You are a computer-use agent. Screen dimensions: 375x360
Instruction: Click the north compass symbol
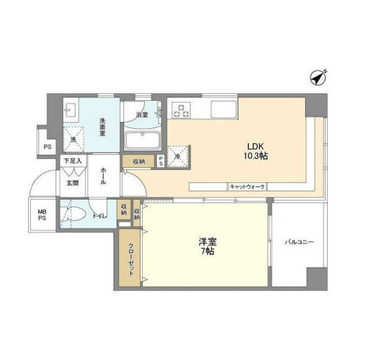tap(318, 77)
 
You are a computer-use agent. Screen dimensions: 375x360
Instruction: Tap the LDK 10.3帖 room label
tap(256, 151)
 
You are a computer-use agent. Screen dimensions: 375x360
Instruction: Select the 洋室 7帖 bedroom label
tap(207, 246)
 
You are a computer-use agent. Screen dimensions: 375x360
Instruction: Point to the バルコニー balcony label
tap(299, 242)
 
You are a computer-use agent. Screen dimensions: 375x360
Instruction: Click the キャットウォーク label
tap(247, 187)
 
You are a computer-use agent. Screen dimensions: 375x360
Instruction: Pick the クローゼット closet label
tap(131, 259)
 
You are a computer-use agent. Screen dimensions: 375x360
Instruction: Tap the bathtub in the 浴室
tap(143, 141)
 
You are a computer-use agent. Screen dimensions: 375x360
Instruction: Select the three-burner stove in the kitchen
tap(182, 110)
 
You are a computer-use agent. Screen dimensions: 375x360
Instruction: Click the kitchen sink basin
tap(223, 110)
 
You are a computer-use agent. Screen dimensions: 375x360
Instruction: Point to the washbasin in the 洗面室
tap(71, 110)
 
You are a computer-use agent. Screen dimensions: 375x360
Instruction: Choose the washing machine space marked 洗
tap(73, 139)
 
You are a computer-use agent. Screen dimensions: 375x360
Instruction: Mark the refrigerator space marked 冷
tap(178, 156)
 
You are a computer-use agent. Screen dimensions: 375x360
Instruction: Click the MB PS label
tap(42, 215)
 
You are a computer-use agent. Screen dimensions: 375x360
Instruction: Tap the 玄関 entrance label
tap(73, 183)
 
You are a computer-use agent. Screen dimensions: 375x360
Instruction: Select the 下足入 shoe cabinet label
tap(73, 160)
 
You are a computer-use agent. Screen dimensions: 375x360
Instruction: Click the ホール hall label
tap(104, 176)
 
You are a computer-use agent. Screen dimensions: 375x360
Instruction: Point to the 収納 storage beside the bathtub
tap(138, 162)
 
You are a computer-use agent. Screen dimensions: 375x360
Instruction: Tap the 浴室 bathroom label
tap(142, 115)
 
